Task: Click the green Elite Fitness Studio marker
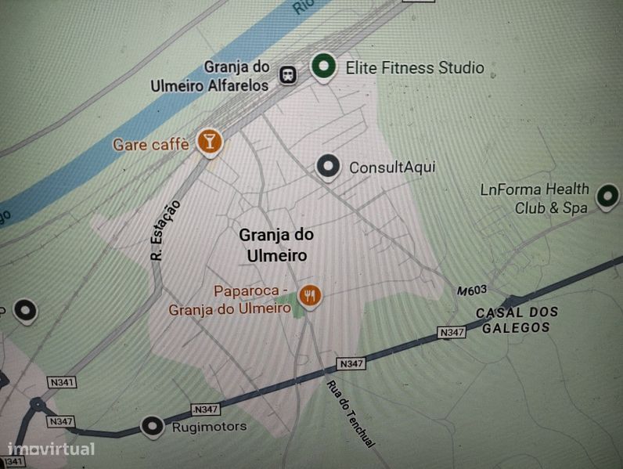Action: (322, 67)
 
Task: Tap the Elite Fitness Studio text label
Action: (415, 68)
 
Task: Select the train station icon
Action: (289, 75)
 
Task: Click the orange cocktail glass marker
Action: (209, 141)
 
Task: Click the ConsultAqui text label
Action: (391, 167)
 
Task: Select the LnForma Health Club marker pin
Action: (607, 196)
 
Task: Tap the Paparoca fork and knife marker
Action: (311, 295)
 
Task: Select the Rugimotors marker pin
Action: (152, 427)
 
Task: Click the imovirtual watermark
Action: (51, 449)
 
